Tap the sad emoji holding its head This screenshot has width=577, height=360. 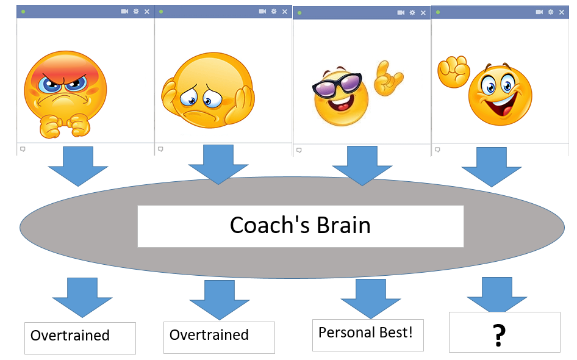[x=208, y=90]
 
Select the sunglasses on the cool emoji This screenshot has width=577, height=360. [x=337, y=85]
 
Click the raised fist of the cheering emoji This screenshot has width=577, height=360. [x=453, y=71]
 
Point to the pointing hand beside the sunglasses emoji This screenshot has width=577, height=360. [x=388, y=78]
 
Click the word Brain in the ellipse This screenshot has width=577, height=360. [x=343, y=225]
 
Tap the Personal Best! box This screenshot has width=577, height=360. [x=368, y=336]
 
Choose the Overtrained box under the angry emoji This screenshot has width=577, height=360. [x=81, y=338]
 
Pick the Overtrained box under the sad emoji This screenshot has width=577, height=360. [x=220, y=337]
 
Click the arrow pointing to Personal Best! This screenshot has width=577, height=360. [x=371, y=298]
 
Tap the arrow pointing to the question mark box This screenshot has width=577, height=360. [x=497, y=295]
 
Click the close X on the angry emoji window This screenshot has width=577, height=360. [x=147, y=12]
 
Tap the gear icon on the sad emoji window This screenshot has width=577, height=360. [x=274, y=12]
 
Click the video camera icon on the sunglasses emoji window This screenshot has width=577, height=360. [x=401, y=13]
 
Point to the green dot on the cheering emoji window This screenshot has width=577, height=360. [x=438, y=12]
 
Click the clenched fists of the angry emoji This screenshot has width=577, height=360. [x=65, y=126]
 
